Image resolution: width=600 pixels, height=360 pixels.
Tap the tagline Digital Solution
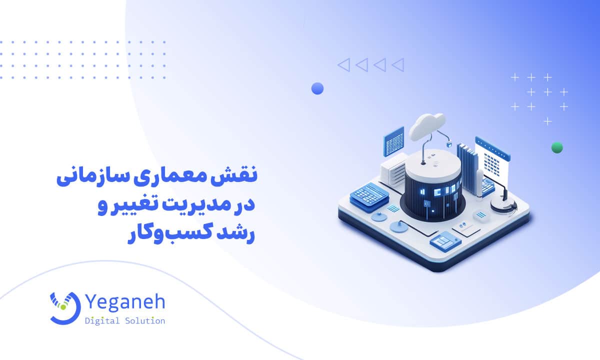125,321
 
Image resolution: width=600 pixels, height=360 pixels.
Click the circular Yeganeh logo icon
64,306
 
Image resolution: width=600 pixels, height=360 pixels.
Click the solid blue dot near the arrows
317,88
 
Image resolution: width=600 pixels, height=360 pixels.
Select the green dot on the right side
556,147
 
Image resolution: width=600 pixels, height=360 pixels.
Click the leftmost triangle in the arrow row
343,64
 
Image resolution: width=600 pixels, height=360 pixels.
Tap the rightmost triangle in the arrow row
397,64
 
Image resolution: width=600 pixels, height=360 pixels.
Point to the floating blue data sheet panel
393,141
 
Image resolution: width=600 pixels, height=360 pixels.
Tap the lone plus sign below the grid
548,121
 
